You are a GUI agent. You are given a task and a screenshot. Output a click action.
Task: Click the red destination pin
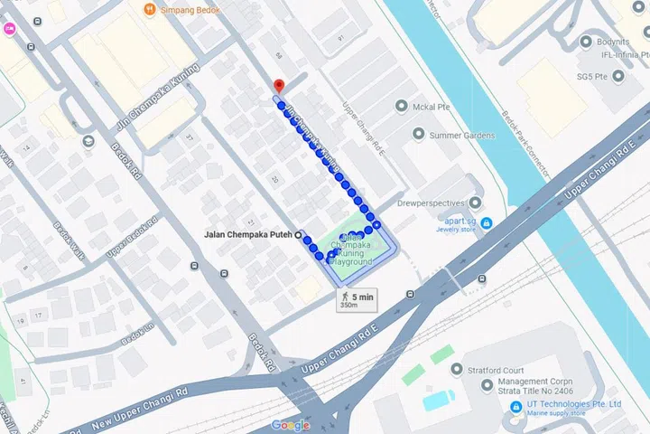click(279, 86)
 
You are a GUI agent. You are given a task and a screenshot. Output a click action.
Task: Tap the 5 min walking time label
click(363, 296)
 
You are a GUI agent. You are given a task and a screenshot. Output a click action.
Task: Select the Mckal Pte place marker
click(403, 107)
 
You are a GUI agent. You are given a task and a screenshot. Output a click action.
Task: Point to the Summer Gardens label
click(462, 136)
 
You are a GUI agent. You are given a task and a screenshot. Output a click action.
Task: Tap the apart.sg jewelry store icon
click(487, 222)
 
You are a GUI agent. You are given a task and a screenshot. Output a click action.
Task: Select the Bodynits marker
click(587, 42)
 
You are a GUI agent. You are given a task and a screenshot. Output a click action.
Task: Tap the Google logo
click(291, 425)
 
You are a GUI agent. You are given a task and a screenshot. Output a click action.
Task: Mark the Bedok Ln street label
click(137, 335)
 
